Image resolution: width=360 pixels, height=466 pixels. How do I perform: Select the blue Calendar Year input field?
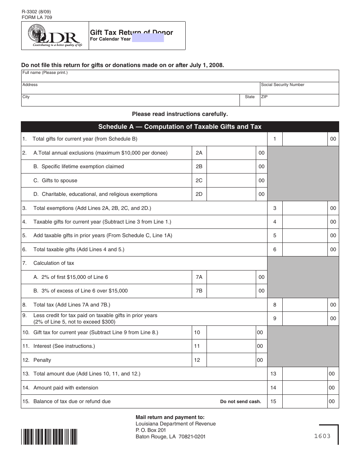(x=148, y=38)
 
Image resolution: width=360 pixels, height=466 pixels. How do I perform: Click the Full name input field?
(x=180, y=77)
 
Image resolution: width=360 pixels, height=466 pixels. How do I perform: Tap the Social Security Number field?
(x=299, y=90)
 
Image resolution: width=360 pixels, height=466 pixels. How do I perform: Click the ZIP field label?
(x=264, y=97)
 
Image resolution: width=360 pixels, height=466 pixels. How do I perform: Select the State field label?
(x=250, y=97)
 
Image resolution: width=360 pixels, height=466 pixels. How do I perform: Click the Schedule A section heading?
(x=180, y=127)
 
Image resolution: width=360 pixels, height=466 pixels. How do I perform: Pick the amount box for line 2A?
(x=232, y=153)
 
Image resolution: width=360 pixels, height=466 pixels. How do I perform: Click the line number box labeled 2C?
(x=199, y=180)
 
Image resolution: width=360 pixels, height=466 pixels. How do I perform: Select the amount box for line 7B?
(x=232, y=291)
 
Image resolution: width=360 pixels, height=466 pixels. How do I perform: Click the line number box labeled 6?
(x=275, y=249)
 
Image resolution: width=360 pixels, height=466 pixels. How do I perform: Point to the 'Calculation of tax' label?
(x=54, y=263)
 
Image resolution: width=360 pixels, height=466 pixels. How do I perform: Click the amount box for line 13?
(x=305, y=374)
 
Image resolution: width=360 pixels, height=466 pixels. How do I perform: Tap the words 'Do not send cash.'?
(x=241, y=402)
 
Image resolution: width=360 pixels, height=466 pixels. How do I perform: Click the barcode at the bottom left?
(x=49, y=436)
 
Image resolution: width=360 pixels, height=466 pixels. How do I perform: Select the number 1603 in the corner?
(x=322, y=436)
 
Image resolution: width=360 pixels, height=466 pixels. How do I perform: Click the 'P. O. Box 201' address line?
(x=151, y=430)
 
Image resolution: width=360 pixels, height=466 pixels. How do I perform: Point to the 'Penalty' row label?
(x=42, y=360)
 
